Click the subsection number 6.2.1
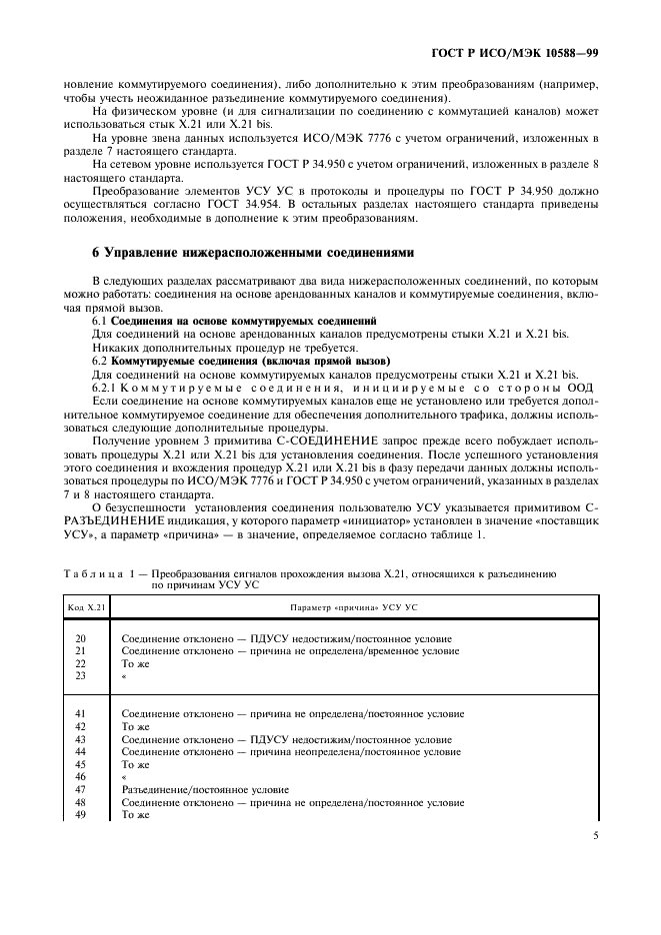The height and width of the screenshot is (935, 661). pos(106,386)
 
